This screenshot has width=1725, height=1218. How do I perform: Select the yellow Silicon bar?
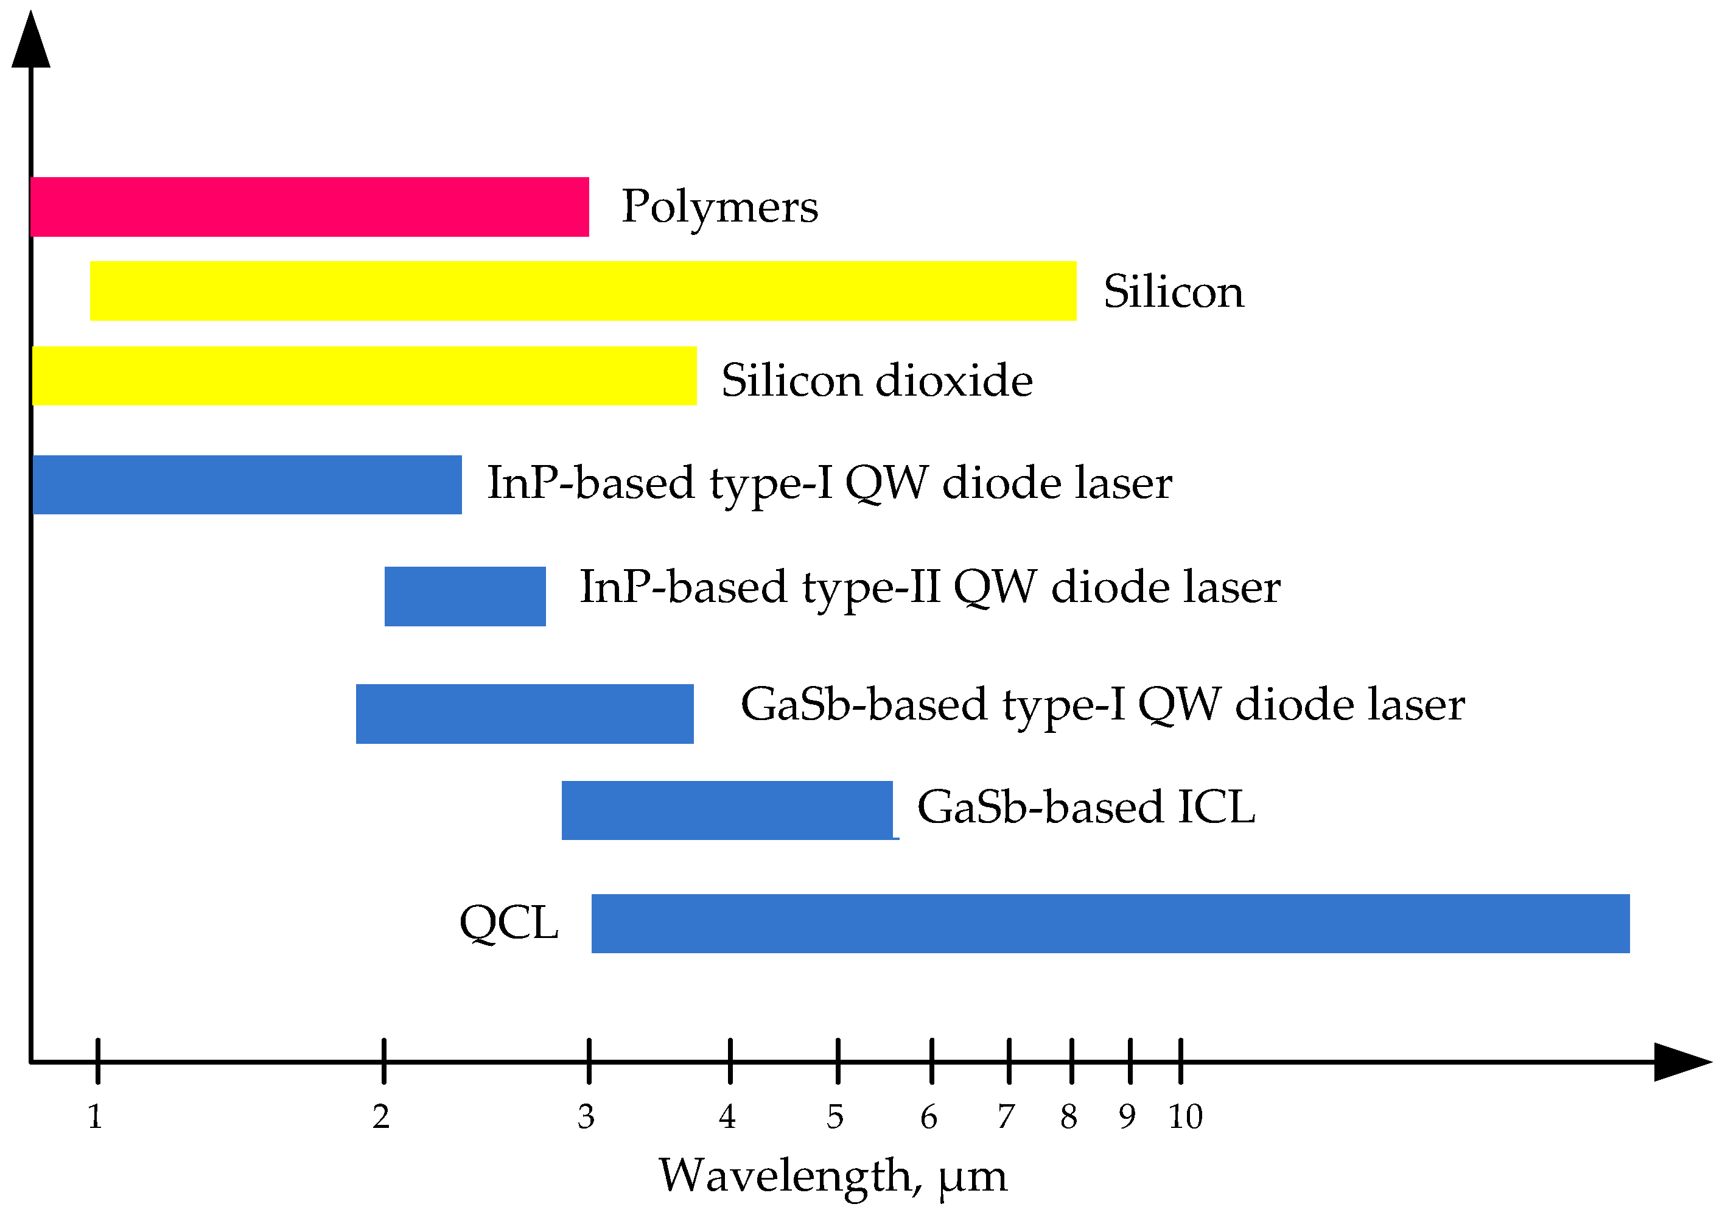(583, 291)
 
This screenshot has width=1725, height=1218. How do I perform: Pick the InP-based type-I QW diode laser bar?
(247, 485)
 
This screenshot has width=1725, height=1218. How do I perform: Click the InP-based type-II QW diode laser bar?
(464, 596)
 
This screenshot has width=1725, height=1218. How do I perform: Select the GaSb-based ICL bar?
(727, 810)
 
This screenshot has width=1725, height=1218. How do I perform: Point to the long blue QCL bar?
(1110, 923)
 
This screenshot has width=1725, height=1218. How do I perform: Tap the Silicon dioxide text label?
(876, 380)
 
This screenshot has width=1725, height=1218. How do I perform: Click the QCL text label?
(509, 923)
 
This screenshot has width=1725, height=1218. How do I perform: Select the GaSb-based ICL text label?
(1086, 808)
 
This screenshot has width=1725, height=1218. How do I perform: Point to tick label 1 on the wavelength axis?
(95, 1118)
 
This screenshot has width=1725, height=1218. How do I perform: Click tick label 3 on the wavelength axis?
(586, 1118)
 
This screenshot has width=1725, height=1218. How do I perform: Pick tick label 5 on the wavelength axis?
(835, 1118)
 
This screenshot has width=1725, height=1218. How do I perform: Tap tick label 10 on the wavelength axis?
(1185, 1118)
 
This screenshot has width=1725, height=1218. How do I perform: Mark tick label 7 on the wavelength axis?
(1006, 1118)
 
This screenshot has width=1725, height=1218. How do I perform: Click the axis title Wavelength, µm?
(833, 1177)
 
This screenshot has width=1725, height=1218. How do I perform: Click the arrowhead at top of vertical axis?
(31, 41)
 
